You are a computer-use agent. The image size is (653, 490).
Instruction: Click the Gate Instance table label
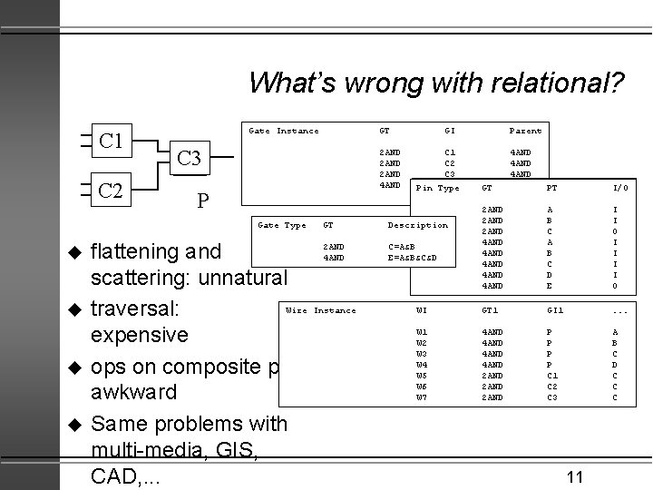coord(284,132)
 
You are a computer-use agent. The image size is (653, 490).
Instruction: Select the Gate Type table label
coord(282,225)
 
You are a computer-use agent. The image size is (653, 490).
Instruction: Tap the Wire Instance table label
coord(321,310)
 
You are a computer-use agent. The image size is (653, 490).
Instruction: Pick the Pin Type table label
coord(437,188)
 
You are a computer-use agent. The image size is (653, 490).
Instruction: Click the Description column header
coord(418,225)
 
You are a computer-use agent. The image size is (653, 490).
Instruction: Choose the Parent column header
coord(526,132)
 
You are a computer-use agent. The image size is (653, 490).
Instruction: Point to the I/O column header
coord(619,188)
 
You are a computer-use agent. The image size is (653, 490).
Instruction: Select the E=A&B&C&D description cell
coord(413,258)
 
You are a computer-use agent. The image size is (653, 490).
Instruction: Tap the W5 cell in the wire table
coord(421,375)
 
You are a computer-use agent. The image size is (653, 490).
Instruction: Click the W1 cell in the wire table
coord(421,332)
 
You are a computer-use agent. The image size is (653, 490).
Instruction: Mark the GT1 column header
coord(492,310)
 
